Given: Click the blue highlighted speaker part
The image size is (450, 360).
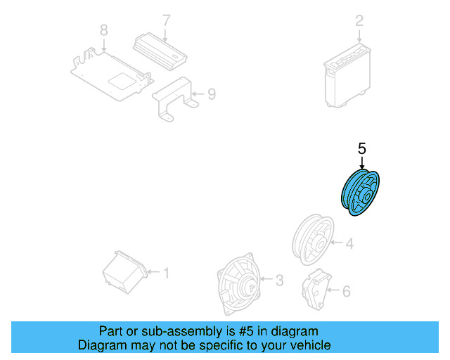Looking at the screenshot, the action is pyautogui.click(x=361, y=194).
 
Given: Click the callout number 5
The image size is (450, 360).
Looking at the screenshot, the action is pyautogui.click(x=362, y=148).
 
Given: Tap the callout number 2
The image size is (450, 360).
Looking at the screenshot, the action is pyautogui.click(x=359, y=21).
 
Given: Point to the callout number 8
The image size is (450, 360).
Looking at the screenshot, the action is pyautogui.click(x=103, y=30).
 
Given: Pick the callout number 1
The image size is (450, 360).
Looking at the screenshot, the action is pyautogui.click(x=166, y=272).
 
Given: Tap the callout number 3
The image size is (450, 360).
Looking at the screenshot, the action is pyautogui.click(x=278, y=281).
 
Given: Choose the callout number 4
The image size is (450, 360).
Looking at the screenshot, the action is pyautogui.click(x=349, y=244).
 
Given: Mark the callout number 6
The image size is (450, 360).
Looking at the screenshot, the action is pyautogui.click(x=345, y=290).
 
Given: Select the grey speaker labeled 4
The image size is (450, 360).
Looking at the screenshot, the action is pyautogui.click(x=313, y=239).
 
